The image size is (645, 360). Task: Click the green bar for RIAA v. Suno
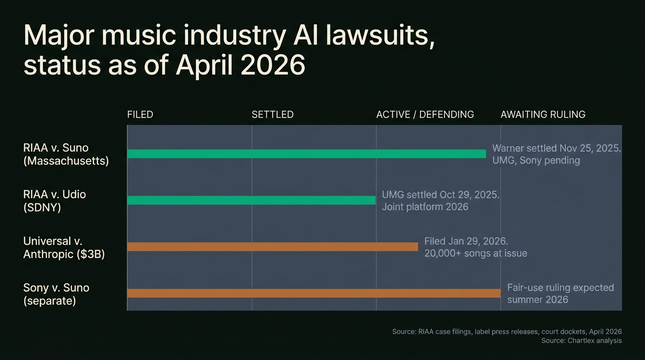(306, 154)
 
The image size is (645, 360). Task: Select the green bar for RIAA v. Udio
(251, 200)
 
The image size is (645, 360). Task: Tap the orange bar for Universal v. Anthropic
(272, 247)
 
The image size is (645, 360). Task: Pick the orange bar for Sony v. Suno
(314, 293)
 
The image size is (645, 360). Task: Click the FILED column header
(140, 115)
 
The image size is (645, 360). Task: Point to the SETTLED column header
(272, 115)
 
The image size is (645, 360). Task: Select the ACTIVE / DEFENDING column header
(425, 115)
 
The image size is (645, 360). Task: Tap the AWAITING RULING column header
(543, 115)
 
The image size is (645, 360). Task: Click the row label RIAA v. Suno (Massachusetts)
(66, 154)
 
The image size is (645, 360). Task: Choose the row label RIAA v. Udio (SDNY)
(55, 201)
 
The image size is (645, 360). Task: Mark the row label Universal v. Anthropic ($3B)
(64, 247)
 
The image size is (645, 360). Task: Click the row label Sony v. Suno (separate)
(56, 294)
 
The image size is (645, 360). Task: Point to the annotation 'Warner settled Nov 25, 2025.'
(556, 149)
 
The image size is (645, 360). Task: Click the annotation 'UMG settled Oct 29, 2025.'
(440, 195)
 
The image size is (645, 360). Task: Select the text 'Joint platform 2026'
(425, 207)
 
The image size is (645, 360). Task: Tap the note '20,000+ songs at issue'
(475, 253)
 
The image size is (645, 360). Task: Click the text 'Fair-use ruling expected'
(560, 287)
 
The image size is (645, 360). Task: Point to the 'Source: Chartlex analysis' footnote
(581, 341)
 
